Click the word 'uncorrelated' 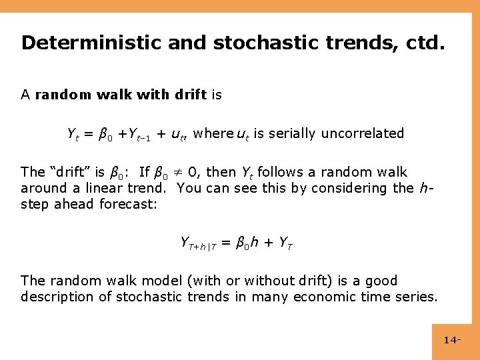(x=363, y=133)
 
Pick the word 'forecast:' (x=129, y=204)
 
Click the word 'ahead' (x=75, y=204)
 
